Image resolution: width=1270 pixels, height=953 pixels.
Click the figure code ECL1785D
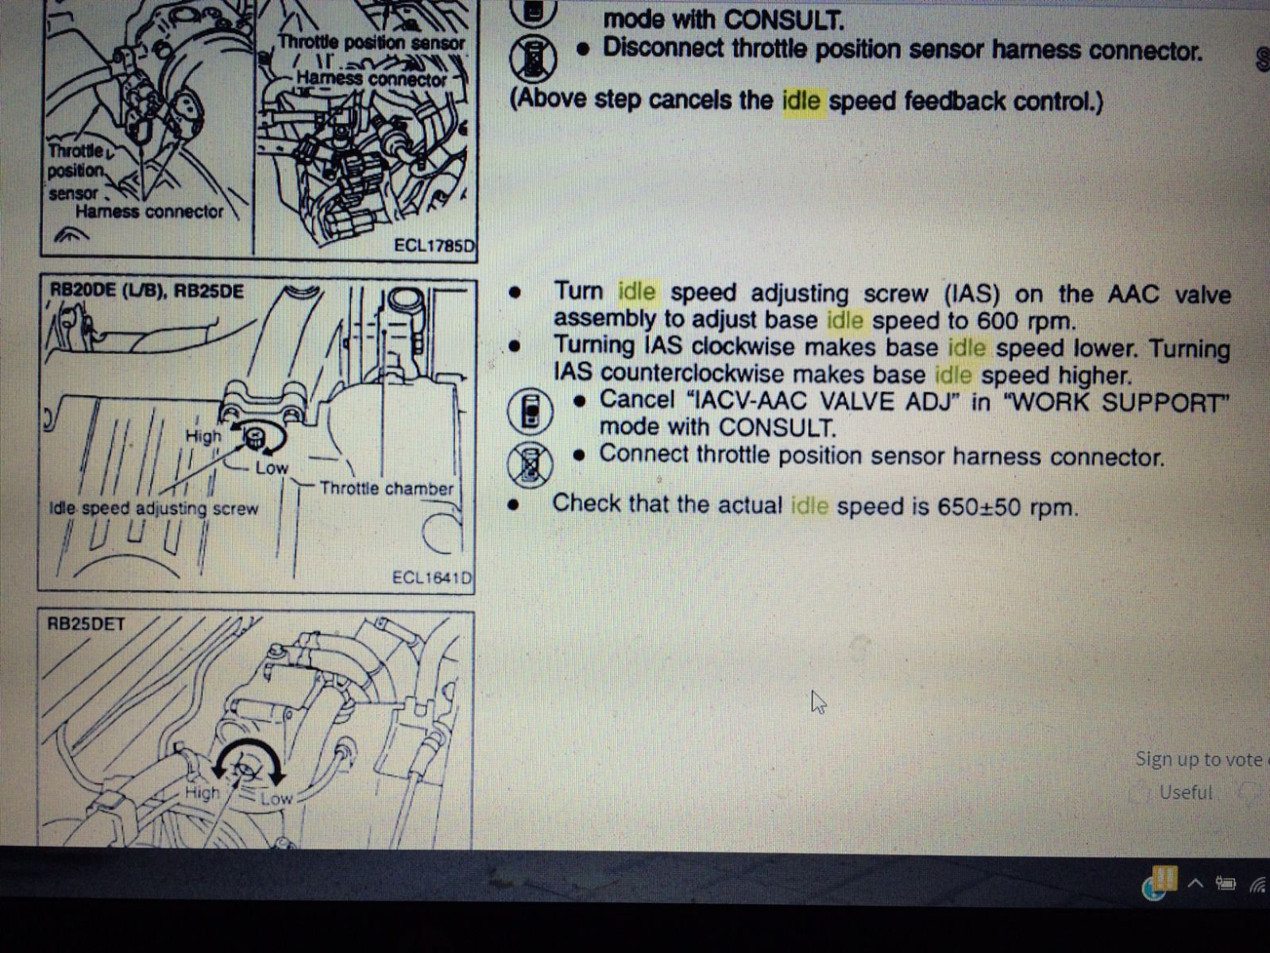pyautogui.click(x=434, y=245)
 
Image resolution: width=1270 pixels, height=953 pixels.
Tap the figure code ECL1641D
pyautogui.click(x=431, y=577)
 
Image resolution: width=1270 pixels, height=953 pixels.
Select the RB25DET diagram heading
pyautogui.click(x=86, y=624)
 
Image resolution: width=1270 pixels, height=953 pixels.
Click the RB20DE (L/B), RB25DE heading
pyautogui.click(x=147, y=291)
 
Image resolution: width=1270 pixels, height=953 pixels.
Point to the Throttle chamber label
pyautogui.click(x=387, y=488)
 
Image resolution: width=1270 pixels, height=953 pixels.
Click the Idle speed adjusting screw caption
pyautogui.click(x=153, y=509)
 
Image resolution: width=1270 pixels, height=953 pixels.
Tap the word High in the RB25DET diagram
pyautogui.click(x=203, y=792)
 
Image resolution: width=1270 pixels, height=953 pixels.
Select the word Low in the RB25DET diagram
pyautogui.click(x=276, y=799)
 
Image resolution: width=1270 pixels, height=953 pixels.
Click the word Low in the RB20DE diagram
pyautogui.click(x=272, y=468)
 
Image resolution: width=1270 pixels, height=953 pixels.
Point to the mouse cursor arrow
pyautogui.click(x=818, y=702)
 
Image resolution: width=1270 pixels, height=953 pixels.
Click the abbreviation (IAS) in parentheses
pyautogui.click(x=971, y=295)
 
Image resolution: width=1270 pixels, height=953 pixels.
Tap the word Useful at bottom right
pyautogui.click(x=1186, y=793)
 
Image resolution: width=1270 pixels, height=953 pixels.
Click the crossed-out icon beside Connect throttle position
pyautogui.click(x=530, y=464)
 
